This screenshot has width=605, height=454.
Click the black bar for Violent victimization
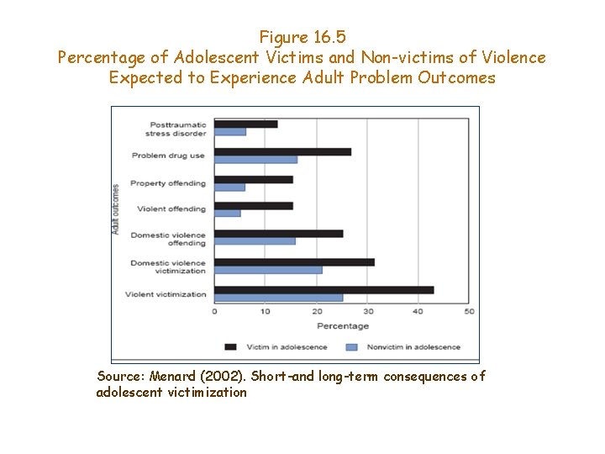coord(324,290)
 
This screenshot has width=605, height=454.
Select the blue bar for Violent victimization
coord(278,298)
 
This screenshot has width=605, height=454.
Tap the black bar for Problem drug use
coord(282,152)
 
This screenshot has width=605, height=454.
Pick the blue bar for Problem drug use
coord(255,160)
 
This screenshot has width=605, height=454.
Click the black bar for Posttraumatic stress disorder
coord(245,124)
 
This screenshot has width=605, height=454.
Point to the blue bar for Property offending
coord(229,187)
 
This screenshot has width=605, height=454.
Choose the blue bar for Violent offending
coord(227,213)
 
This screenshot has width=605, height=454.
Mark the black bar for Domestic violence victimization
coord(294,262)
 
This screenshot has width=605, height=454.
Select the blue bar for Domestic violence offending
coord(255,241)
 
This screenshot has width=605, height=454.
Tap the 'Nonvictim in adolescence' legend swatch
coord(351,346)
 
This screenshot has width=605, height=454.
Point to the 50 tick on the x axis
coord(469,311)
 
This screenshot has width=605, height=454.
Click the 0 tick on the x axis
coord(214,311)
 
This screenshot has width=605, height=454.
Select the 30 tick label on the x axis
coord(367,311)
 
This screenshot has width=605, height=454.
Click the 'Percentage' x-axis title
coord(342,325)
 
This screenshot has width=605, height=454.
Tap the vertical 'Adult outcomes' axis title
coord(116,208)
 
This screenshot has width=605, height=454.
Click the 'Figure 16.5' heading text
coord(302,37)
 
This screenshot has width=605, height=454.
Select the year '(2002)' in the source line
coord(220,377)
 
